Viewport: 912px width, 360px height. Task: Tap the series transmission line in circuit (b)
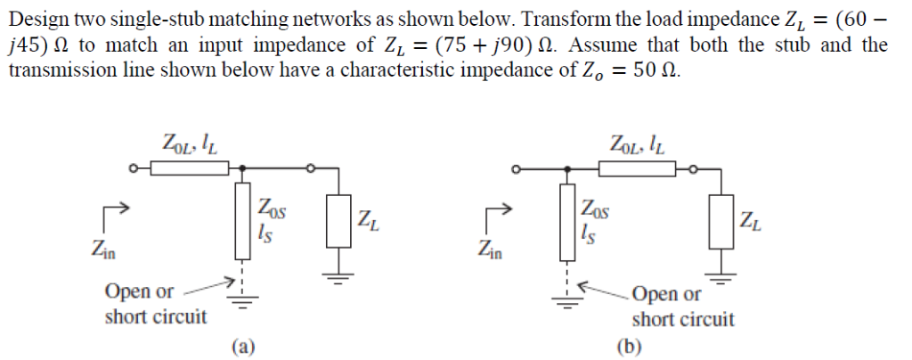pos(640,167)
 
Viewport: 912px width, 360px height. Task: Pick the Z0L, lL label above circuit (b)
pos(637,141)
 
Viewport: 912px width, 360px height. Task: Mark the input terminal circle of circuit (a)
pos(133,167)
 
